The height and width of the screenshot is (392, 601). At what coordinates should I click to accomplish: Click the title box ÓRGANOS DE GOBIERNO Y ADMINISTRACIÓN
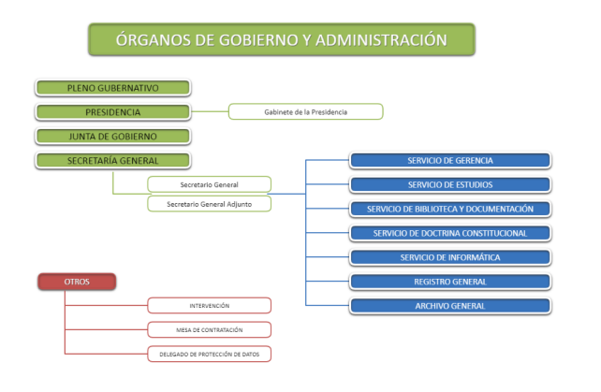[x=281, y=40]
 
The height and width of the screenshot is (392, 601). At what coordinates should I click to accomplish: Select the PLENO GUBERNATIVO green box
[x=112, y=88]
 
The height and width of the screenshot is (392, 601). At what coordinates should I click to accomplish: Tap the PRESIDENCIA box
[x=112, y=112]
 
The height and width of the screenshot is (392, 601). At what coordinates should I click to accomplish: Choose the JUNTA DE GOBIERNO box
[x=112, y=137]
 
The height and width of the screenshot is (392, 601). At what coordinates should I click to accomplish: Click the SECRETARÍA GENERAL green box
[x=112, y=160]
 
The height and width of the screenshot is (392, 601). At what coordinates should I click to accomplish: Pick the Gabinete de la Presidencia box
[x=306, y=112]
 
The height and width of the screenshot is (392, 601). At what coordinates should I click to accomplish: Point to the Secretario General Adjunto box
[x=210, y=203]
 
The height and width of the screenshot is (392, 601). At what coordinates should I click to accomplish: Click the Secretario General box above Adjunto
[x=210, y=184]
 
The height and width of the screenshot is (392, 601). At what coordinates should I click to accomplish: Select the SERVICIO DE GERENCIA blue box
[x=450, y=161]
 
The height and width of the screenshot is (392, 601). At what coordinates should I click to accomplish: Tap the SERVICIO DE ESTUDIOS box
[x=450, y=184]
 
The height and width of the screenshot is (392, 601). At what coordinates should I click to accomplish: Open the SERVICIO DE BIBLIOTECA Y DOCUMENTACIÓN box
[x=450, y=209]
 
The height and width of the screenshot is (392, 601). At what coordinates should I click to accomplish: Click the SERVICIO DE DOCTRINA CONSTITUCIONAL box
[x=450, y=233]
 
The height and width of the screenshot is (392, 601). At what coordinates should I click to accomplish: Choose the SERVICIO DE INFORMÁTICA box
[x=450, y=257]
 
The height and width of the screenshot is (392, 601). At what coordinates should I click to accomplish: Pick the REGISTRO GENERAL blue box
[x=450, y=282]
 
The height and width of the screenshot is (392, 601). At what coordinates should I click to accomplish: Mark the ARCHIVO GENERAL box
[x=450, y=305]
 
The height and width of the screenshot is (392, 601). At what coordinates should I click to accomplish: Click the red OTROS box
[x=77, y=281]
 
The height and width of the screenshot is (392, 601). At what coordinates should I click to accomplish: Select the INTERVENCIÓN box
[x=210, y=306]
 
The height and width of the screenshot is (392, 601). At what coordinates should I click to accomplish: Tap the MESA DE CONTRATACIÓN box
[x=210, y=329]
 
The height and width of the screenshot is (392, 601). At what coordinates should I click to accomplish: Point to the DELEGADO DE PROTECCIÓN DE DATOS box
[x=210, y=354]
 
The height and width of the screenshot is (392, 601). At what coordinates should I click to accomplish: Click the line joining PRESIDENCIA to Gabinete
[x=210, y=112]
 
